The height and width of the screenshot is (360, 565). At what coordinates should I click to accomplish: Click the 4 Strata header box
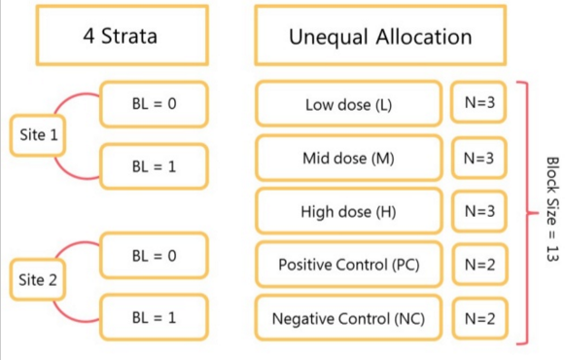[123, 37]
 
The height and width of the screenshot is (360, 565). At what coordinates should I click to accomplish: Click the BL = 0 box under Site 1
[154, 102]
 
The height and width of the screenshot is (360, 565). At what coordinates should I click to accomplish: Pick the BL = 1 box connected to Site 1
[154, 166]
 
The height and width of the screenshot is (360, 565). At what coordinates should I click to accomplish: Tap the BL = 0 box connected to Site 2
[154, 256]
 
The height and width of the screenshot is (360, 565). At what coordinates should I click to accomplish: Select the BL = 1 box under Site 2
[154, 317]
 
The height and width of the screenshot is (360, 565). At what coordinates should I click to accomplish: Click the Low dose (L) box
[348, 104]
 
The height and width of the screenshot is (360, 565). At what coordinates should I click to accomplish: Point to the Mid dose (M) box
[348, 158]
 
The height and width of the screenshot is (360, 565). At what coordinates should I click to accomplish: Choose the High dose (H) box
[348, 211]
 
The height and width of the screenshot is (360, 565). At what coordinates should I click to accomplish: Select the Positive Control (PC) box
[348, 264]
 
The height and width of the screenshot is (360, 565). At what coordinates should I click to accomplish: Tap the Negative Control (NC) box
[348, 317]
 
